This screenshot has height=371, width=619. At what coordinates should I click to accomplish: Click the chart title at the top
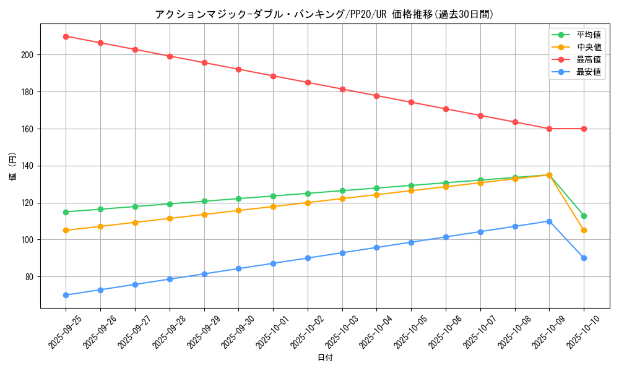click(324, 14)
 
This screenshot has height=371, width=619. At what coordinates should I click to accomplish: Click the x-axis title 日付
click(325, 358)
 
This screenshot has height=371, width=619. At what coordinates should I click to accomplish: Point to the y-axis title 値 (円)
click(12, 166)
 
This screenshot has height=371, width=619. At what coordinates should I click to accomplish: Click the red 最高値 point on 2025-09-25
click(66, 36)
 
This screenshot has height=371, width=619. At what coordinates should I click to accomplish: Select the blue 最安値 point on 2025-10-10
click(584, 258)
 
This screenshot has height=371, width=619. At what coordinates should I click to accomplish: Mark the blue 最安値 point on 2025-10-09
click(549, 221)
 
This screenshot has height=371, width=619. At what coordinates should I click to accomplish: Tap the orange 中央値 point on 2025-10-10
click(584, 231)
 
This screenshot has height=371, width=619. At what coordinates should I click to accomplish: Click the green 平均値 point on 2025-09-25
click(66, 212)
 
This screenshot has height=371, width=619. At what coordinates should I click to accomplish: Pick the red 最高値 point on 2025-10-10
click(584, 129)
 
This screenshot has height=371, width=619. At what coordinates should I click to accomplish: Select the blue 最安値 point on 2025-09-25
click(66, 295)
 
